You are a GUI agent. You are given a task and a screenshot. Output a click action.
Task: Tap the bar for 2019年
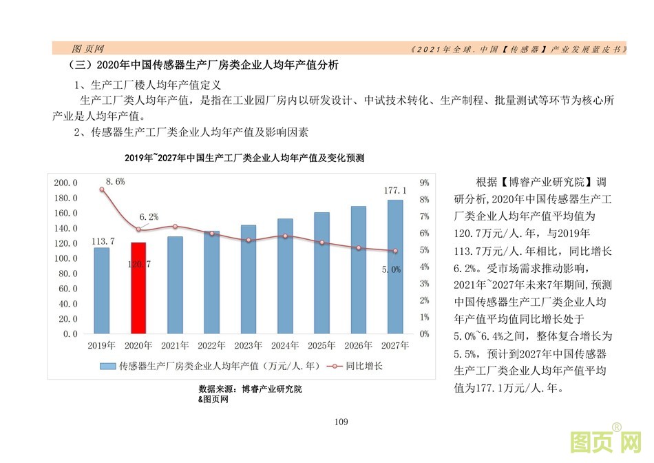(x=102, y=290)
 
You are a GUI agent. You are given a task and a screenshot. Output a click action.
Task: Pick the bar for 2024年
(x=285, y=276)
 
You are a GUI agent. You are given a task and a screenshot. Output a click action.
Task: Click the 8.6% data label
(x=115, y=182)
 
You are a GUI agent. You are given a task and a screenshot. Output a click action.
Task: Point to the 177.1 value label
(x=395, y=190)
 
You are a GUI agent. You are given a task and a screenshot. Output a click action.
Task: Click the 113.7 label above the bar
(x=102, y=240)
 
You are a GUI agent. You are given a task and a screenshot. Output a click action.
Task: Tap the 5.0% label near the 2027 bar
(x=391, y=270)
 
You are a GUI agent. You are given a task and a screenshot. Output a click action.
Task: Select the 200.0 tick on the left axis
(x=66, y=183)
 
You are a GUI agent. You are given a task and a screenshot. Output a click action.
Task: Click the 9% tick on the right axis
(x=424, y=183)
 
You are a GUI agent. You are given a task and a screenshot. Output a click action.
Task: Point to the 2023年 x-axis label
(x=248, y=345)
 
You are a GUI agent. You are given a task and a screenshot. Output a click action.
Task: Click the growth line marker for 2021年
(x=175, y=227)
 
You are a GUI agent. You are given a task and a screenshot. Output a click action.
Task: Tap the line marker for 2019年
(x=102, y=189)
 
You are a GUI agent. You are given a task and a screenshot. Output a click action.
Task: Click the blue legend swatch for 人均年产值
(x=109, y=366)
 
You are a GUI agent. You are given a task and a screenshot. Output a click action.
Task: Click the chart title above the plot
(x=244, y=158)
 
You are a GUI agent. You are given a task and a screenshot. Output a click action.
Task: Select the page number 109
(x=340, y=422)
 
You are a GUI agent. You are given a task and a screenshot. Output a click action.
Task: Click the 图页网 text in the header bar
(x=87, y=49)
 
